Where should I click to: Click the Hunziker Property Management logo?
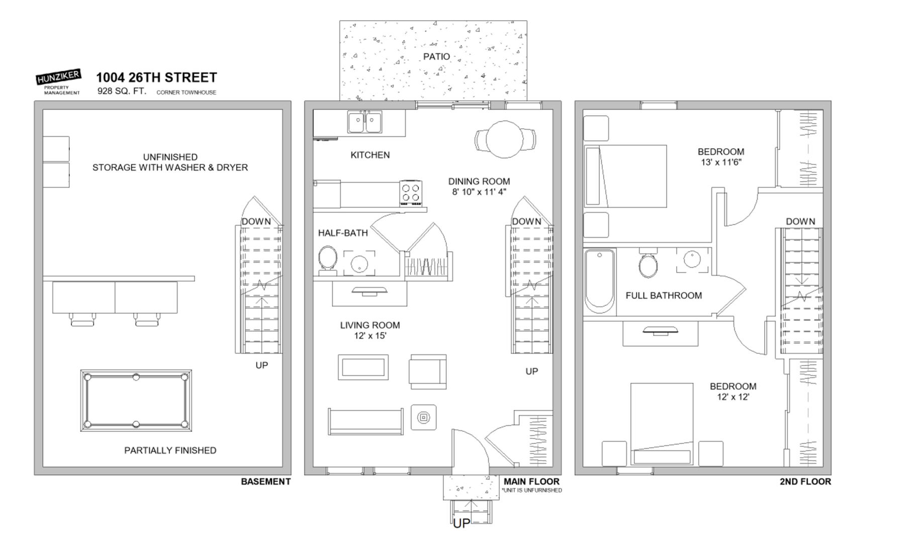point(58,82)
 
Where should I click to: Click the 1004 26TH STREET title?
point(156,77)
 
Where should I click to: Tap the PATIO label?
point(436,57)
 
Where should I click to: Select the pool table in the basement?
point(136,401)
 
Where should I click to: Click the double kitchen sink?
point(365,122)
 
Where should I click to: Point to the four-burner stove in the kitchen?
point(411,193)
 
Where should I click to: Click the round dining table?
point(505,139)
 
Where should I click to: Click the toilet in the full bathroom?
point(648,263)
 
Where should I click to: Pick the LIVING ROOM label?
point(370,325)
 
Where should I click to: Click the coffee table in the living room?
point(363,367)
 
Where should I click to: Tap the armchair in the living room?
point(428,372)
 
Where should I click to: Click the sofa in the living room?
point(365,421)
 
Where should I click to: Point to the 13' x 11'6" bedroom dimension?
point(721,162)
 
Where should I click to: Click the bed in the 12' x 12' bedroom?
point(662,424)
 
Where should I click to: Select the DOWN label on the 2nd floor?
point(800,221)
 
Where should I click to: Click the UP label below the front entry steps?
point(461,523)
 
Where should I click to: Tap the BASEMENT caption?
point(265,482)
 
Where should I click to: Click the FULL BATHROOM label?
point(664,296)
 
